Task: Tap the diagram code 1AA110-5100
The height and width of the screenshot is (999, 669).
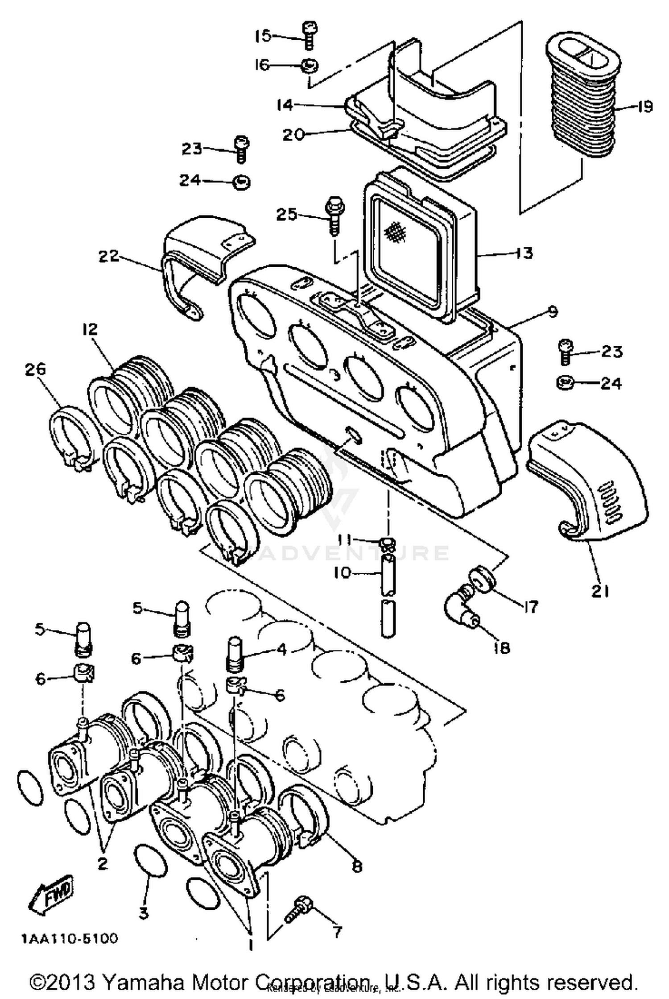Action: (x=69, y=938)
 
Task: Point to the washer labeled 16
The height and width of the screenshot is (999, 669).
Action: (x=309, y=65)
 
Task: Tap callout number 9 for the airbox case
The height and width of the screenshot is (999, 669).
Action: (x=553, y=311)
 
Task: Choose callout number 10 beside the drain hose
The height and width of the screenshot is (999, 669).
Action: (x=343, y=572)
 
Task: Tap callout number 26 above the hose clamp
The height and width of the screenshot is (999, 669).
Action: (x=35, y=370)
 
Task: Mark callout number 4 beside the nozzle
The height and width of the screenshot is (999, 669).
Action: (x=282, y=650)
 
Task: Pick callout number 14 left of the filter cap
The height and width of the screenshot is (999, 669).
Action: (x=285, y=105)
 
